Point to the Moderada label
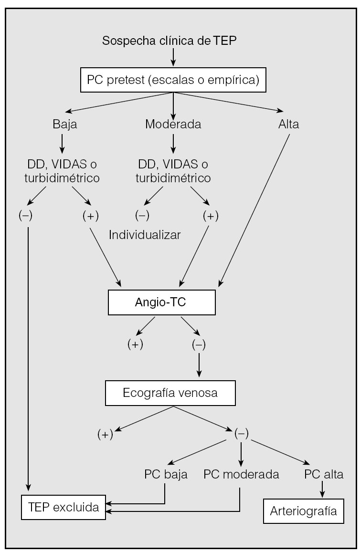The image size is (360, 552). (173, 125)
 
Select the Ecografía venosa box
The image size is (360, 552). (170, 394)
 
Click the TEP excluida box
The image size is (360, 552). (63, 507)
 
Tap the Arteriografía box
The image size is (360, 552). (304, 512)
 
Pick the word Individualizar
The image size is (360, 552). (145, 235)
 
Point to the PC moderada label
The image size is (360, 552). (241, 475)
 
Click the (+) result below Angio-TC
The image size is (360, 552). (136, 344)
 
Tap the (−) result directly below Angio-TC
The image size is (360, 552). (199, 344)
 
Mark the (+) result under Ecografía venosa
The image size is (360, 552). (105, 435)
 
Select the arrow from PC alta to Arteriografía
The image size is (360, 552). (323, 488)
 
